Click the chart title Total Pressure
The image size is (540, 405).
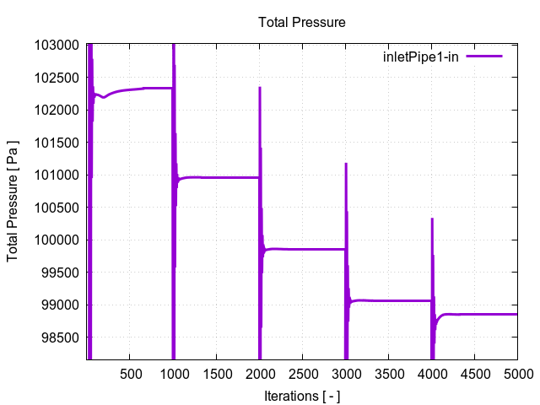pyautogui.click(x=302, y=22)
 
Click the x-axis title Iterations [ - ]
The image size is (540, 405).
pyautogui.click(x=302, y=395)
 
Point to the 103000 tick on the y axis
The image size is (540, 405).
pyautogui.click(x=59, y=45)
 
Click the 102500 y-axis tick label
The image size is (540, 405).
pyautogui.click(x=59, y=78)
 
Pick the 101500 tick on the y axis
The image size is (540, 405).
pyautogui.click(x=59, y=143)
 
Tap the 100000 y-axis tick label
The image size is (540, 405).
pyautogui.click(x=59, y=240)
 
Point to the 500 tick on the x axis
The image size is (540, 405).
pyautogui.click(x=130, y=373)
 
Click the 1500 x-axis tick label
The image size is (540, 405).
pyautogui.click(x=216, y=373)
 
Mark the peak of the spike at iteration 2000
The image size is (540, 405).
pyautogui.click(x=260, y=88)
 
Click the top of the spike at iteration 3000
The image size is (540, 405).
pyautogui.click(x=346, y=164)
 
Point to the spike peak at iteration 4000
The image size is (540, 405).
pyautogui.click(x=432, y=219)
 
